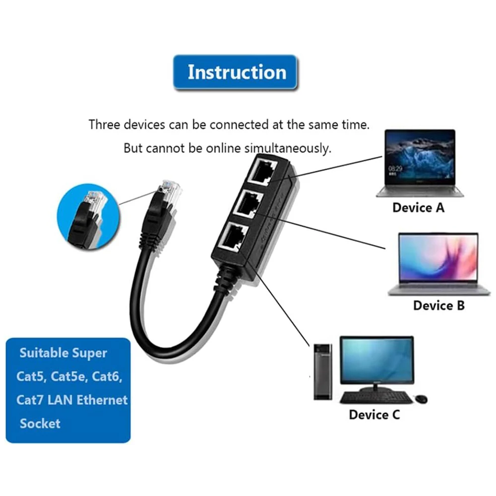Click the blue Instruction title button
tap(235, 72)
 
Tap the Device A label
tap(418, 207)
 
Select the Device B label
tap(439, 305)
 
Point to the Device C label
tap(374, 414)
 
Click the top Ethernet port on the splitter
tap(262, 172)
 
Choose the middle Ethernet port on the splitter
tap(248, 204)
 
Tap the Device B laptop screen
tap(438, 257)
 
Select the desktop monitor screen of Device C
tap(376, 360)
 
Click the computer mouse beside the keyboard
tap(421, 399)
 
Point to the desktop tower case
tap(323, 372)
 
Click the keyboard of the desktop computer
tap(376, 397)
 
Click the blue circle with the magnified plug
tap(88, 217)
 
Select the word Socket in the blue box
tap(40, 423)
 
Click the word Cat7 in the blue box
tap(30, 400)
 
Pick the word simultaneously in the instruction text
tap(288, 148)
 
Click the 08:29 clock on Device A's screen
tap(395, 169)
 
